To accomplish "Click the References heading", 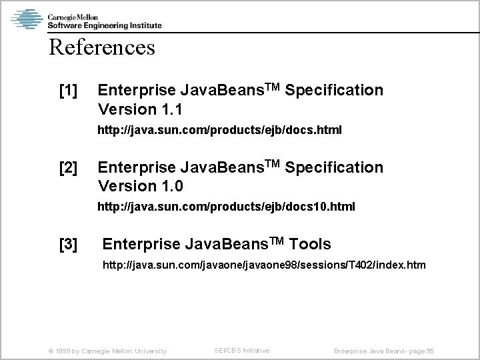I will [102, 47].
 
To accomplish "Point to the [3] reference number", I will [68, 245].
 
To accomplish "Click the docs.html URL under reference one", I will [219, 131].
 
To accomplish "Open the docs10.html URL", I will [226, 207].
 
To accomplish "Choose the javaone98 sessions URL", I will [263, 266].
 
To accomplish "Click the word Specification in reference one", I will [334, 90].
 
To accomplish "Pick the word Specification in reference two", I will [334, 167].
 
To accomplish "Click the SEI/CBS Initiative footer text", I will [241, 350].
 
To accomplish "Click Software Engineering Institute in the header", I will [104, 25].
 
